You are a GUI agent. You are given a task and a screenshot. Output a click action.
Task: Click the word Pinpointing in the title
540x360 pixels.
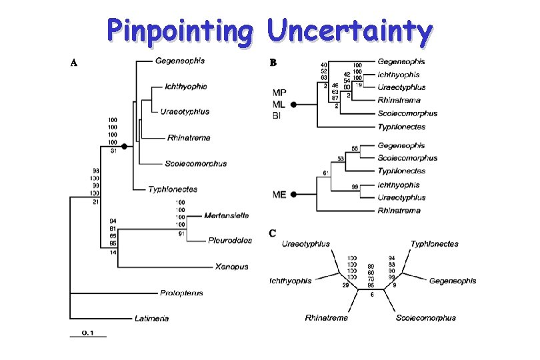pyautogui.click(x=179, y=31)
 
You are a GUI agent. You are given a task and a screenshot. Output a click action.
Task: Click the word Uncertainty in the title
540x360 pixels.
pyautogui.click(x=349, y=31)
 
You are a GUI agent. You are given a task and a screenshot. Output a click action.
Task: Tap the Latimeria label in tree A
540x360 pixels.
pyautogui.click(x=152, y=319)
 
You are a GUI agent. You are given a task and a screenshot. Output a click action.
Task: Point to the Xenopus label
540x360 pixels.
pyautogui.click(x=231, y=267)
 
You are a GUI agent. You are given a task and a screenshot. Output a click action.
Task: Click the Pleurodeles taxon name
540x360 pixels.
pyautogui.click(x=228, y=240)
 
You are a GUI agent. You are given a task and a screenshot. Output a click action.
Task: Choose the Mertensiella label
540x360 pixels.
pyautogui.click(x=227, y=215)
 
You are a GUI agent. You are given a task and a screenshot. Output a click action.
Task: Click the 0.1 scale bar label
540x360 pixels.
pyautogui.click(x=88, y=331)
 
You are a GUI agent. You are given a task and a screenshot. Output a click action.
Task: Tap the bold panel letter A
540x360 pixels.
pyautogui.click(x=75, y=63)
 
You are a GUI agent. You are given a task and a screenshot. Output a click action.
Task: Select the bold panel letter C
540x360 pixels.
pyautogui.click(x=273, y=233)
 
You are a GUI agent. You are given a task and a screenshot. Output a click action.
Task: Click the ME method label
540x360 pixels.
pyautogui.click(x=280, y=195)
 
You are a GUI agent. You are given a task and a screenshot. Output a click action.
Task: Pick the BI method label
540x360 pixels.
pyautogui.click(x=277, y=116)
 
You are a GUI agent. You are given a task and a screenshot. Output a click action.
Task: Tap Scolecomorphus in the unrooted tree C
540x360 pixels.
pyautogui.click(x=426, y=318)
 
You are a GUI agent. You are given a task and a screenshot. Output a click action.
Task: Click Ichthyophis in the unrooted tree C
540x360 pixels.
pyautogui.click(x=291, y=281)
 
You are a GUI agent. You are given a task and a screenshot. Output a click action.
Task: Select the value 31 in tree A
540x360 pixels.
pyautogui.click(x=113, y=150)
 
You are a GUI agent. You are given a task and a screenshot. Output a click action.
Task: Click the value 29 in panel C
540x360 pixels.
pyautogui.click(x=327, y=285)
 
